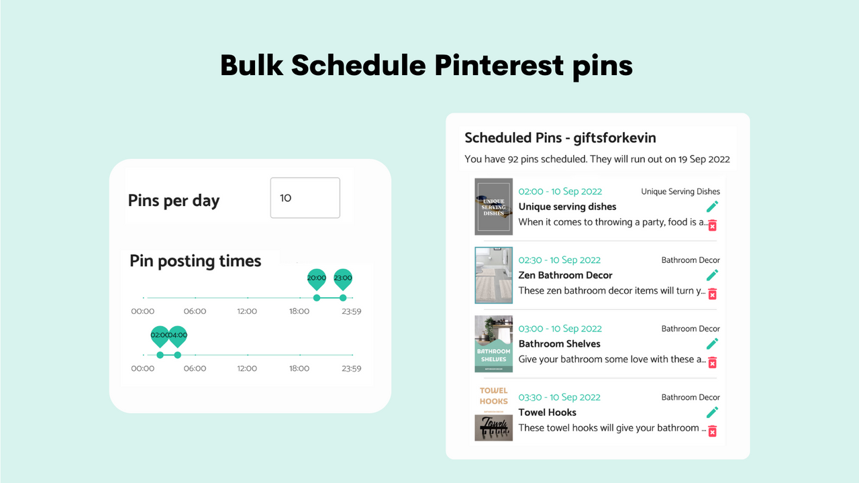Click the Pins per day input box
coord(305,198)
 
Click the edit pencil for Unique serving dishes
coord(712,206)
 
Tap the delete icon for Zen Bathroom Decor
coord(712,294)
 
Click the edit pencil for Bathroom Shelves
coord(712,343)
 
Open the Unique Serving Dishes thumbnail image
coord(493,206)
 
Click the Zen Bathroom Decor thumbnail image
coord(493,275)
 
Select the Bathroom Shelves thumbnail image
coord(493,343)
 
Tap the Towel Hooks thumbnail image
coord(493,413)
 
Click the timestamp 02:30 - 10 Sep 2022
coord(560,260)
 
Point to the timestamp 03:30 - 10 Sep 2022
coord(560,397)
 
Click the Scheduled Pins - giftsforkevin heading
coord(560,138)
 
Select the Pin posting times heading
coord(195,261)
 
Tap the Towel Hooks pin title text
coord(547,413)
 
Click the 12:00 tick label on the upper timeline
coord(247,311)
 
